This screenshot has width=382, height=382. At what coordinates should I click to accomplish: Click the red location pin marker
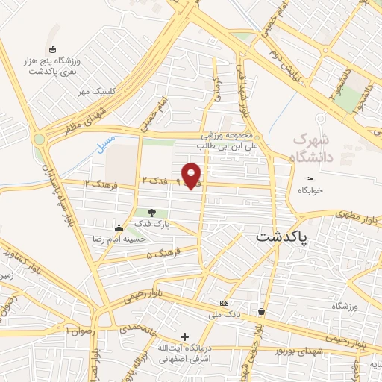(x=192, y=175)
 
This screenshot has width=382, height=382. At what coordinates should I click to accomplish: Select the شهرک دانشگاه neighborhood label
(x=311, y=147)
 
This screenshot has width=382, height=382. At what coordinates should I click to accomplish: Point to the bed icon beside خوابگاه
(x=310, y=179)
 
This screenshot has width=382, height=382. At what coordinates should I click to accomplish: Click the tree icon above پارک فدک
(x=153, y=213)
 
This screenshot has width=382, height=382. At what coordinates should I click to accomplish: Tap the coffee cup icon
(x=261, y=312)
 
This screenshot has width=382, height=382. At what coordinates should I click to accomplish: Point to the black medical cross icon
(x=184, y=336)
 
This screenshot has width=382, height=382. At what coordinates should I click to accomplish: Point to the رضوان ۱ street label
(x=77, y=329)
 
